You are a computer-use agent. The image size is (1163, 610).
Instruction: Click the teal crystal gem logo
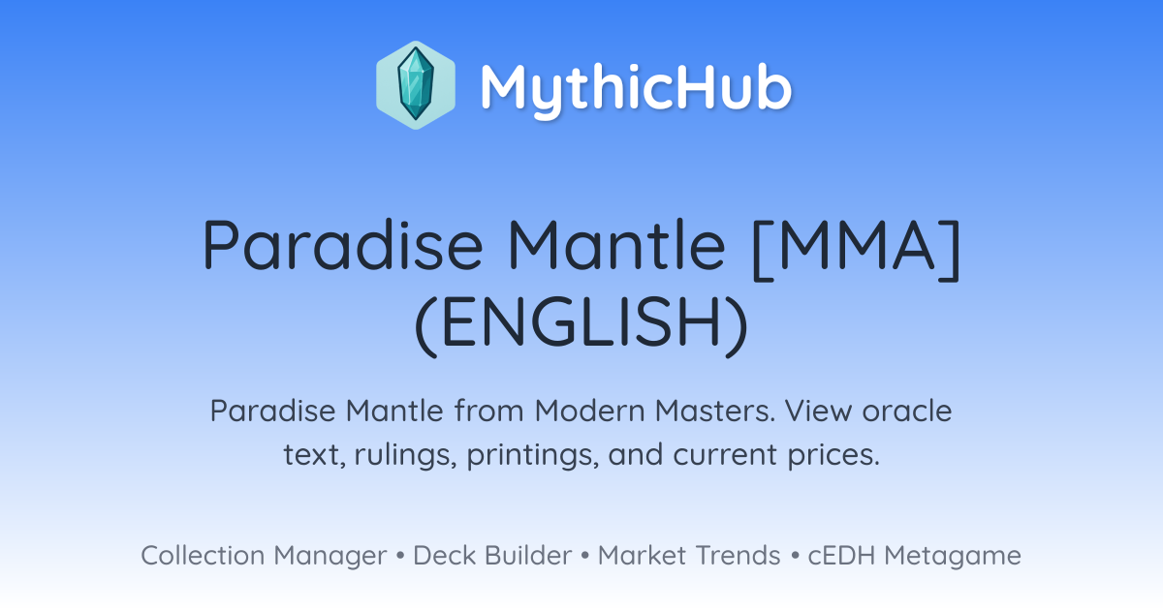416,85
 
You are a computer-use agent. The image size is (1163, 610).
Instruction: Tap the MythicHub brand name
636,88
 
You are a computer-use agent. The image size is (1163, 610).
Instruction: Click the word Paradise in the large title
343,245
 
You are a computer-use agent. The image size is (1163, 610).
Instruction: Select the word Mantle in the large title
616,245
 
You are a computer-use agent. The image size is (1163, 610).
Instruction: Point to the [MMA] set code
856,249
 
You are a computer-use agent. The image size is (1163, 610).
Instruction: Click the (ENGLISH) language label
581,322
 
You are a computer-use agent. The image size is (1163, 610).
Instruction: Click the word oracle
907,411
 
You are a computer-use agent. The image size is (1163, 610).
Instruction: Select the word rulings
405,455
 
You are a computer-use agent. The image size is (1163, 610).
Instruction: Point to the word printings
532,455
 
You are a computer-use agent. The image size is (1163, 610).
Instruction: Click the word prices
833,455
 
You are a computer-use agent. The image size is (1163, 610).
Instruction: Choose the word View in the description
819,411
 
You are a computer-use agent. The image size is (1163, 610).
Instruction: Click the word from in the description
489,411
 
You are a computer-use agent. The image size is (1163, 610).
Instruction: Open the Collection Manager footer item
264,556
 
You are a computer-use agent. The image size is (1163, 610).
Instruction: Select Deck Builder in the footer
492,555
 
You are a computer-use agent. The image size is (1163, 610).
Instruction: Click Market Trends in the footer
689,555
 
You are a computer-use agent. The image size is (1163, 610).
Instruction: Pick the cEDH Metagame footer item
914,556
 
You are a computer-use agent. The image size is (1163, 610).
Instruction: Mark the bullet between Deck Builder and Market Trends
585,556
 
